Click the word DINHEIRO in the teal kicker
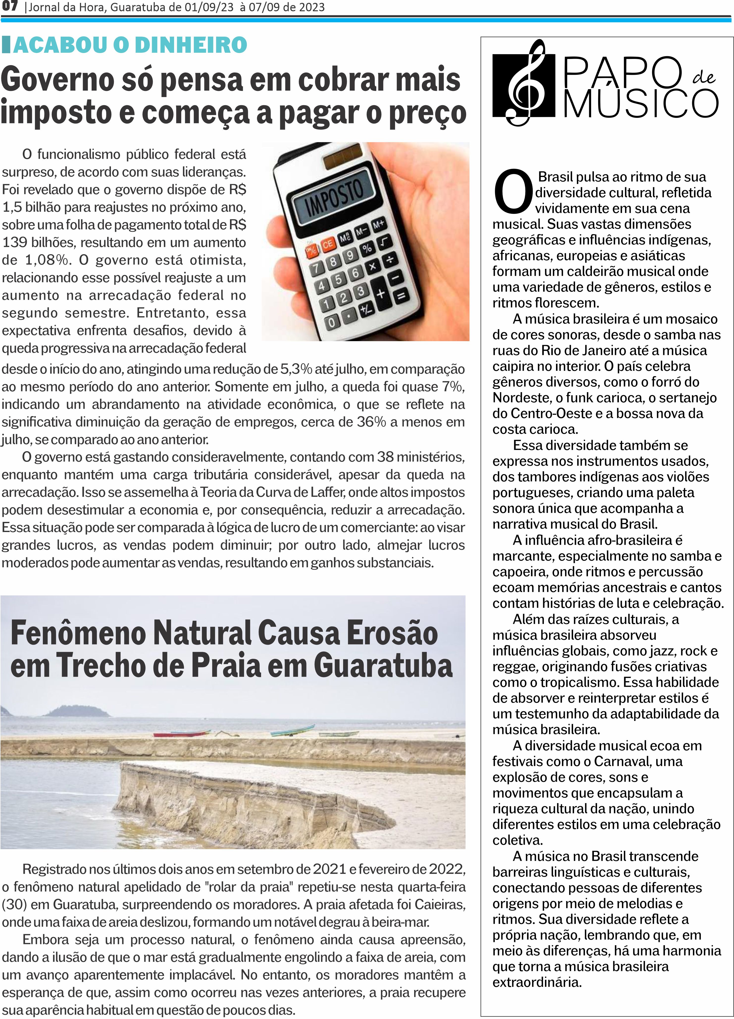[x=191, y=45]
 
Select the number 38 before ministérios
[x=385, y=457]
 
